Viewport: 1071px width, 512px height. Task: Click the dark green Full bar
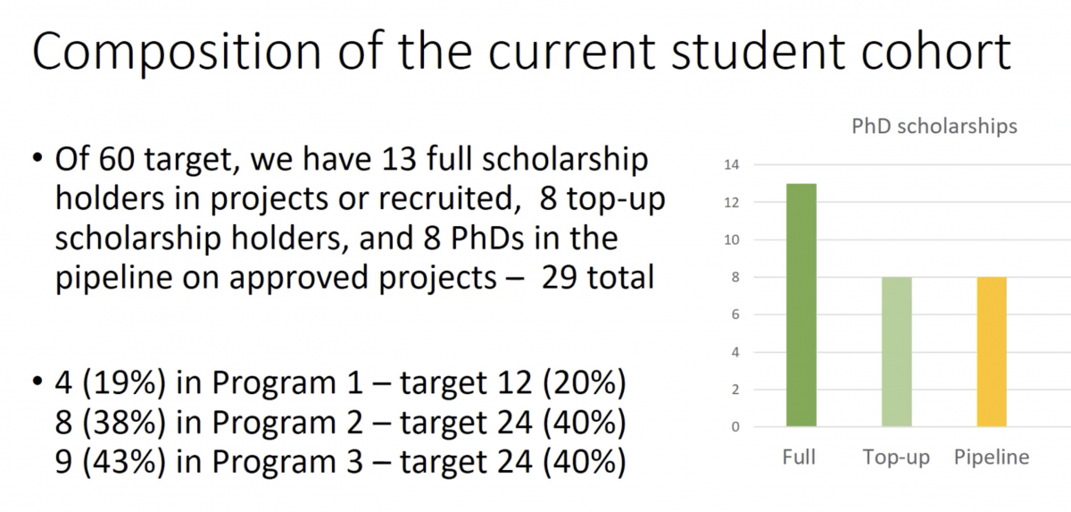tap(801, 305)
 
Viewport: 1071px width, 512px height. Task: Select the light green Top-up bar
tap(896, 352)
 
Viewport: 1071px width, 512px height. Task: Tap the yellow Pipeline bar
tap(992, 352)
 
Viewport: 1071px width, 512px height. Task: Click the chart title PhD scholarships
tap(934, 126)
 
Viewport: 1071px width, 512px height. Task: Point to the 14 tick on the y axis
tap(732, 165)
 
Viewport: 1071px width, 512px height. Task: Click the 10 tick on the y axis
tap(732, 239)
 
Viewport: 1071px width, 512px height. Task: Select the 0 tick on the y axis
tap(735, 427)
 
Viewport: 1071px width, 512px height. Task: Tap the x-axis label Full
tap(799, 457)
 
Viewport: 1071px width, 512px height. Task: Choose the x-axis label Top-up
tap(896, 457)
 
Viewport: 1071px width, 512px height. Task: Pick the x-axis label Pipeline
tap(992, 457)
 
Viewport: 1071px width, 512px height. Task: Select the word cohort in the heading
tap(936, 51)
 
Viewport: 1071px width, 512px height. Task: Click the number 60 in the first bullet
tap(116, 159)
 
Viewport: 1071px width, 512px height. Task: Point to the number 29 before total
tap(559, 278)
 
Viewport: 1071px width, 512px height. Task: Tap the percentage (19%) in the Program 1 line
tap(124, 382)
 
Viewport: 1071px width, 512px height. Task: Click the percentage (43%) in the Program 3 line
tap(124, 462)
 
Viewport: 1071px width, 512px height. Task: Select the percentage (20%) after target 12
tap(585, 382)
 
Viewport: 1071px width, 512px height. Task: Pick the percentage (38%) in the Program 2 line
tap(124, 423)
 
